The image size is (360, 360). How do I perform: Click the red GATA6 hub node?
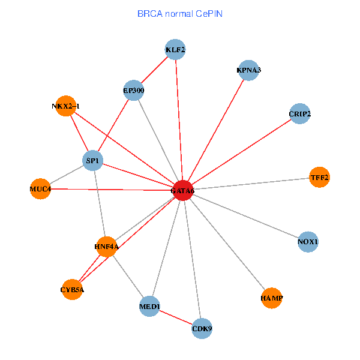click(182, 190)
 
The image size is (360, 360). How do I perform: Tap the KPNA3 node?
click(248, 70)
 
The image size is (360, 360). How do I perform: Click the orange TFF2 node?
click(319, 177)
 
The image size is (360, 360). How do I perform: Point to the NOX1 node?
click(308, 242)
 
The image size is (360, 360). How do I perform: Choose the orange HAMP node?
click(272, 298)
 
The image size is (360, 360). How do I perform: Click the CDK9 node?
click(202, 328)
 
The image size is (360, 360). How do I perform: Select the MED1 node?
click(149, 307)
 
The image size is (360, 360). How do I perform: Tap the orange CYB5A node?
click(72, 290)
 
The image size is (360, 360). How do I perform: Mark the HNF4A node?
click(107, 246)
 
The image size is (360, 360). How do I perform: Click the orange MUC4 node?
click(40, 189)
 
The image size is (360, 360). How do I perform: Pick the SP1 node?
click(92, 161)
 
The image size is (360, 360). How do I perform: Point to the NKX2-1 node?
click(65, 106)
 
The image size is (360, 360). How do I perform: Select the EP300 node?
click(134, 91)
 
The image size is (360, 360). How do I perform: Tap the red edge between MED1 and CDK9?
click(176, 318)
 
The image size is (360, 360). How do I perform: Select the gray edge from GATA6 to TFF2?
click(252, 184)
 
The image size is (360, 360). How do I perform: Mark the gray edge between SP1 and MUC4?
click(66, 175)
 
